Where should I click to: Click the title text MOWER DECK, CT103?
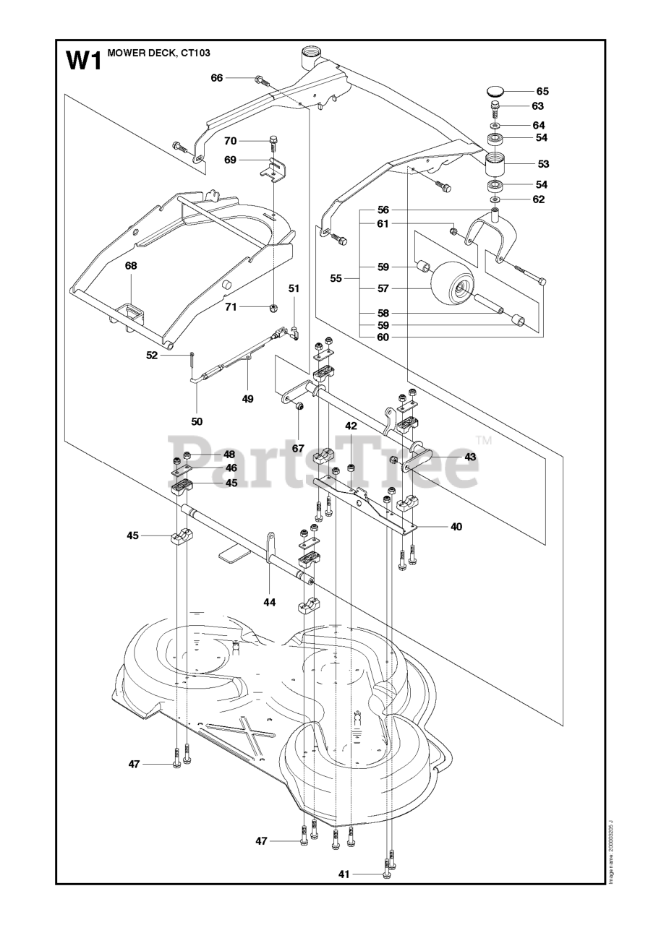pos(158,53)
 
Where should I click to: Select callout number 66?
pos(217,77)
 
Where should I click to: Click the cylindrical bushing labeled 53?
pos(496,164)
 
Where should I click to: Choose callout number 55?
pos(336,278)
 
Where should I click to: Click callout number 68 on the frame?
pos(131,265)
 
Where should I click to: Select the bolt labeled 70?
pos(273,143)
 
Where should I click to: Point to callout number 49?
pos(247,399)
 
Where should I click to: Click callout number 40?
pos(456,527)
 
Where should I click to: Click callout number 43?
pos(470,457)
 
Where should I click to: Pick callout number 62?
pos(538,199)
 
